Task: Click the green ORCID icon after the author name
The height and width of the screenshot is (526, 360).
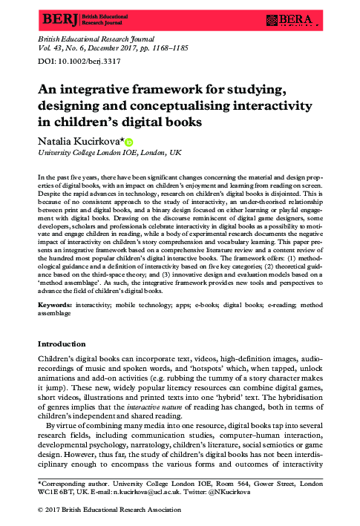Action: point(128,139)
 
